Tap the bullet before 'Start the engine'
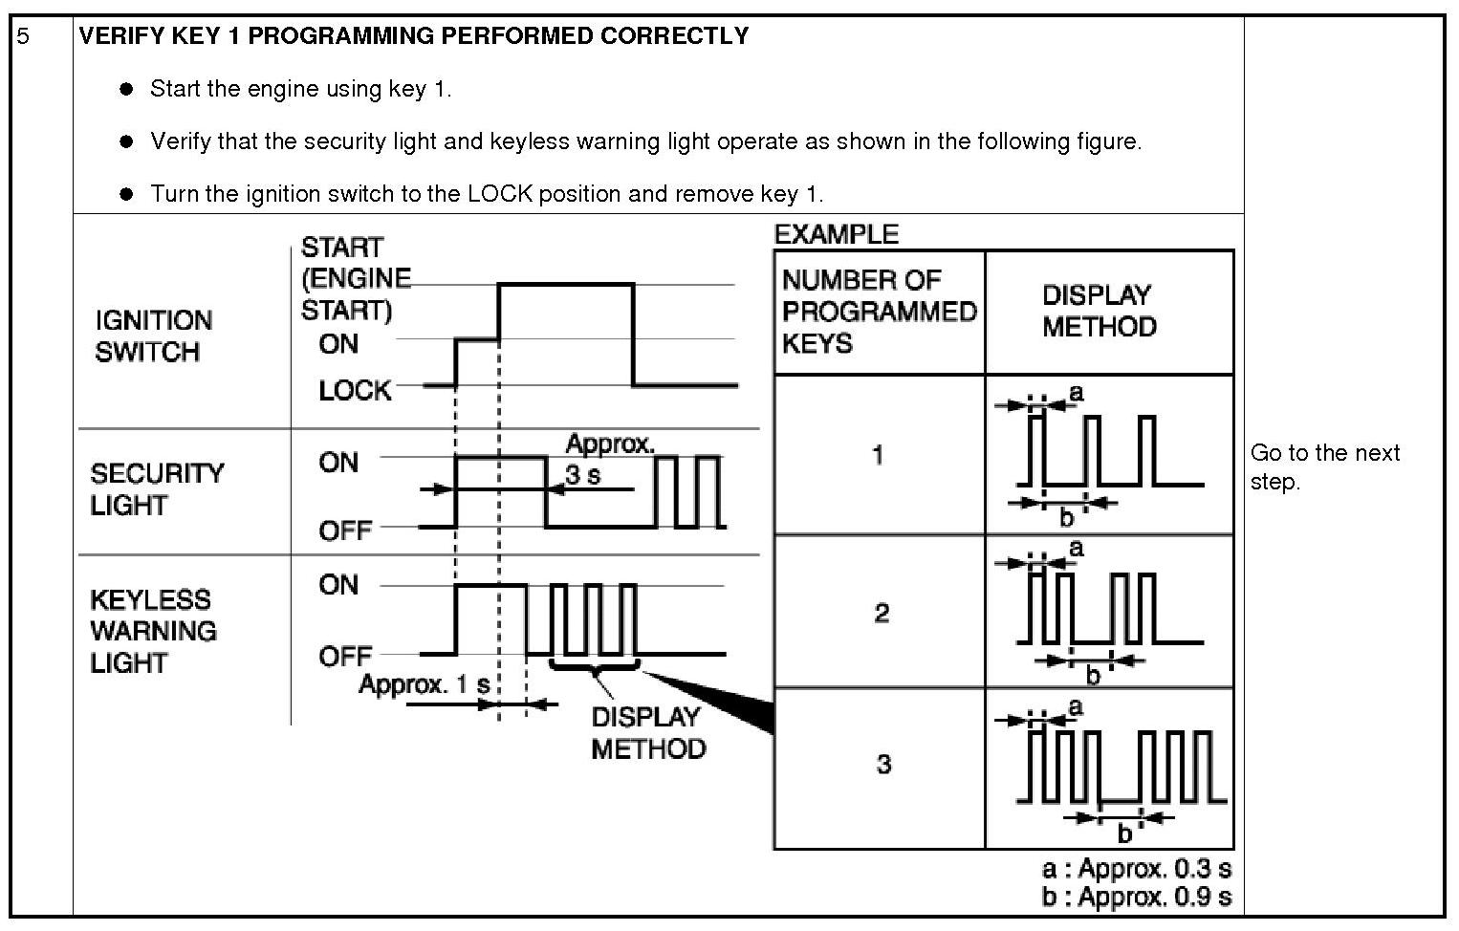(125, 90)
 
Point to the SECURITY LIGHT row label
(157, 488)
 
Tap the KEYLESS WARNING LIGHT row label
(153, 631)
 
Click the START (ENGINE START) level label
(355, 278)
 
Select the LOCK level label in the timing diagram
(355, 390)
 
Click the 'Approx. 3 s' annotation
(608, 458)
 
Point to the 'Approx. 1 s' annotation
(424, 684)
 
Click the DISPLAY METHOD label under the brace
(647, 732)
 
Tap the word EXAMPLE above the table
(836, 234)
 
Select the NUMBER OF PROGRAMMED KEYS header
(879, 312)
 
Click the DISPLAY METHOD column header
(1099, 311)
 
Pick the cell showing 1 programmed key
(878, 454)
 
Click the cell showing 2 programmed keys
(881, 612)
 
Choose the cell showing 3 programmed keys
(882, 764)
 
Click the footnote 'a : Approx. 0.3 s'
(1136, 869)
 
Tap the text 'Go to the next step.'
(1324, 466)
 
